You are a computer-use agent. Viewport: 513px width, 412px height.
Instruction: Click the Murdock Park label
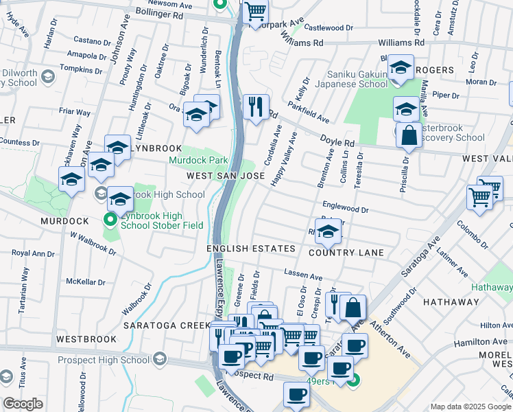pos(199,160)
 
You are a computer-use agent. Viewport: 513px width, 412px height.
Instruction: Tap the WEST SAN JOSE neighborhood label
pos(226,176)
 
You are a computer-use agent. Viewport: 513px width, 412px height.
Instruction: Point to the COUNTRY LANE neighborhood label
pos(346,253)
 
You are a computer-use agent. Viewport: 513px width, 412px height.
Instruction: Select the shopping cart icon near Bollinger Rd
pos(255,12)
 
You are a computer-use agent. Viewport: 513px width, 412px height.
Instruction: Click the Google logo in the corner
pos(23,404)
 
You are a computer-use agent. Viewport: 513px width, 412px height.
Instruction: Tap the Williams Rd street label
pos(302,43)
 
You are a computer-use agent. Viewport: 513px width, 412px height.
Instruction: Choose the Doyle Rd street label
pos(337,141)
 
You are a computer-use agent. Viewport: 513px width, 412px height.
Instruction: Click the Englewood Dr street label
pos(346,207)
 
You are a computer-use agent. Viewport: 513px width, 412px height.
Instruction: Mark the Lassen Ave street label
pos(302,276)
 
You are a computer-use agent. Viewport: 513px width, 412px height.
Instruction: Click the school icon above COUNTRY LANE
pos(329,233)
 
